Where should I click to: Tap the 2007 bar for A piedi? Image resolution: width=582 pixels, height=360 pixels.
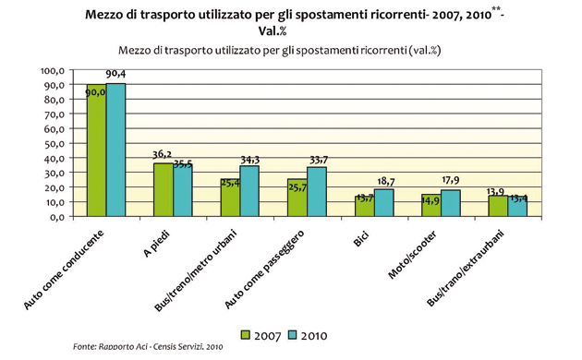tap(163, 190)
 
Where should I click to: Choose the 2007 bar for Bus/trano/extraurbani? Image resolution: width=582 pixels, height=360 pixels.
tap(498, 207)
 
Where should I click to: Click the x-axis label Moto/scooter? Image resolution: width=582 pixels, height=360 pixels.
tap(424, 248)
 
